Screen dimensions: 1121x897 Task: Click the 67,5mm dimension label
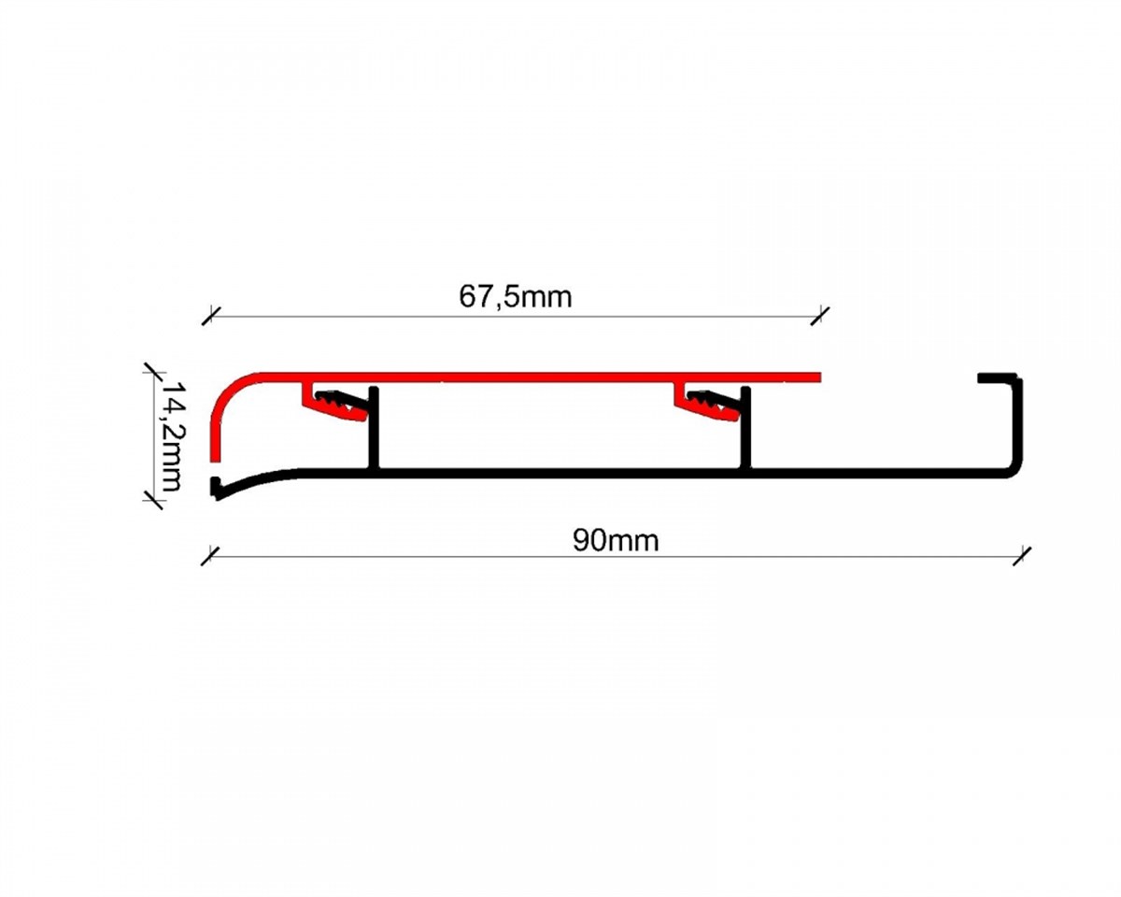515,297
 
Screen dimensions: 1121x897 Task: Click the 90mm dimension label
616,540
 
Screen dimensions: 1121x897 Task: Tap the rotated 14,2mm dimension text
172,436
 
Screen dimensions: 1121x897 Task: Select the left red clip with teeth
336,404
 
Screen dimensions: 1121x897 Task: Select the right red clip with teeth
708,404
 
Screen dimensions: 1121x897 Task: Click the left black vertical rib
374,429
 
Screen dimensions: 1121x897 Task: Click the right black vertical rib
746,429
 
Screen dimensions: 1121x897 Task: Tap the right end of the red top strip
820,377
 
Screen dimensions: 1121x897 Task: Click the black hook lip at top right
997,377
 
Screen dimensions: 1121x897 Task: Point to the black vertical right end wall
1017,422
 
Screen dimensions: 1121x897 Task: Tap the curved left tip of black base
215,489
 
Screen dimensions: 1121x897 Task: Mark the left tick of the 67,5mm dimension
210,316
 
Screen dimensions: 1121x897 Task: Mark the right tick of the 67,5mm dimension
820,316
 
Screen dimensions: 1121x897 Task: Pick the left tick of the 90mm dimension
210,556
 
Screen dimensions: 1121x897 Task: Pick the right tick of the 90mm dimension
1023,556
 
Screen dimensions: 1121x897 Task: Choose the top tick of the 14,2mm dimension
152,373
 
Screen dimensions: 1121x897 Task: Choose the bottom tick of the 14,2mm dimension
152,500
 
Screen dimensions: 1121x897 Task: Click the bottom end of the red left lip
215,461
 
